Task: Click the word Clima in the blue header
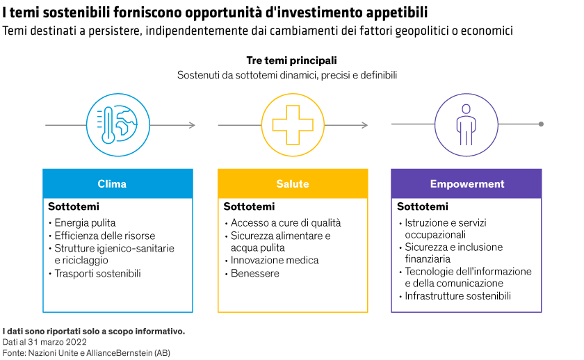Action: pos(112,184)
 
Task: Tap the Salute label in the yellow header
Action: pos(293,184)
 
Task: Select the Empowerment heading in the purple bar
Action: pos(467,184)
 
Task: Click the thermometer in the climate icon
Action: pos(108,125)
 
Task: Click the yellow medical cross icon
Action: pos(293,125)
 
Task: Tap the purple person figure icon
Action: pos(466,125)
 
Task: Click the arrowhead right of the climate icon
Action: pos(192,125)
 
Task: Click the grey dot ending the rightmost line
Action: pos(541,124)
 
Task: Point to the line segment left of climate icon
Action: pos(65,125)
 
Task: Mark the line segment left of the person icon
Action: pos(413,124)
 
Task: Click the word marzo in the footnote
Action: pos(51,343)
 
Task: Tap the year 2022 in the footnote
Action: pos(76,343)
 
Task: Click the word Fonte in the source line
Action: pos(13,353)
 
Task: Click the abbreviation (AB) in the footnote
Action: pos(162,353)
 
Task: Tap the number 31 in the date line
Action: pos(33,343)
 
